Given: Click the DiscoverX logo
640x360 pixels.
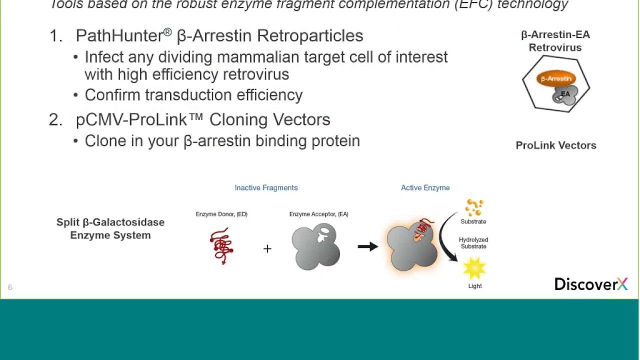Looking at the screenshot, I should pos(590,284).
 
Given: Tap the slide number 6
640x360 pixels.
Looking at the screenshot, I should pos(10,287).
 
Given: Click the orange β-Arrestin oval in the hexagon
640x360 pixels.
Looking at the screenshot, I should pos(555,78).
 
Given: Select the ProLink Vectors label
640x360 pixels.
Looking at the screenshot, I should pos(555,145).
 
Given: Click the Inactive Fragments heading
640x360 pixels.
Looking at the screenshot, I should pos(266,187).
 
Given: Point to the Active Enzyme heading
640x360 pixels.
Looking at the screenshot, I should pos(425,187).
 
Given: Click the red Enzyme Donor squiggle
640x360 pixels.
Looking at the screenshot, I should pos(221,245).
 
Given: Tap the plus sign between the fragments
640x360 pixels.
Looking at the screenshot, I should pos(267,248).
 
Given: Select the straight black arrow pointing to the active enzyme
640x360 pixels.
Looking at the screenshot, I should pos(367,246).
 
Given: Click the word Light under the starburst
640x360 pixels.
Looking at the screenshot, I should pos(475,286).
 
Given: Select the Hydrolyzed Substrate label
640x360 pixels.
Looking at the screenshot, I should pos(473,243).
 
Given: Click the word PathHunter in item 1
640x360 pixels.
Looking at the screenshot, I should pos(119,35).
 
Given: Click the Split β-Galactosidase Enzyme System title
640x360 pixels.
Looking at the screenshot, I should pos(110,228).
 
